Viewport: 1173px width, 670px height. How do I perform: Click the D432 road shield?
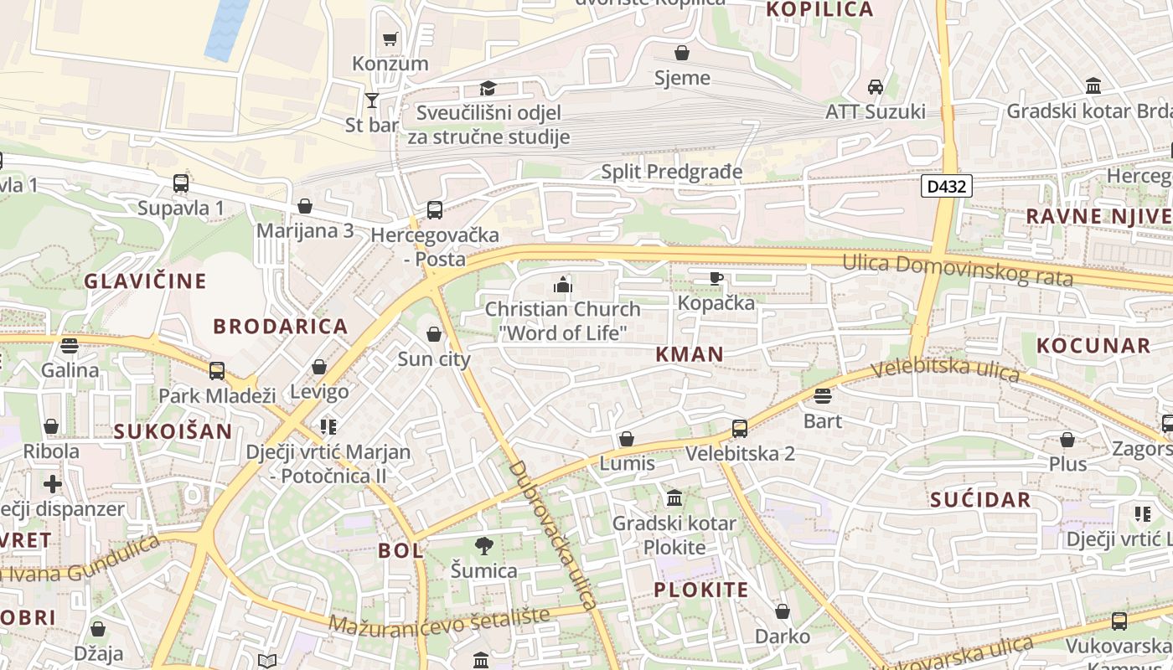click(x=947, y=186)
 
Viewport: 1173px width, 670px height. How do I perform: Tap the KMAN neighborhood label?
click(x=690, y=353)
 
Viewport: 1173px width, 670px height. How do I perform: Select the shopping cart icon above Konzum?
click(x=390, y=39)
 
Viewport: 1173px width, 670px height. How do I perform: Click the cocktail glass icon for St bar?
click(x=372, y=100)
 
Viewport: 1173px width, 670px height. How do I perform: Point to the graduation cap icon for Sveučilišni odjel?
click(x=488, y=88)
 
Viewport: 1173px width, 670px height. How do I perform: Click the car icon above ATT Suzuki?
click(x=876, y=86)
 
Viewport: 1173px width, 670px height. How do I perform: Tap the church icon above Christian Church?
click(x=562, y=285)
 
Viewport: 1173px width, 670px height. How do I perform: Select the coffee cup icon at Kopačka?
click(x=716, y=278)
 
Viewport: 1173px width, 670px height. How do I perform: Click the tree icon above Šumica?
click(x=483, y=546)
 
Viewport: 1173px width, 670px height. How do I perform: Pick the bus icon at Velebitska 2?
click(x=739, y=429)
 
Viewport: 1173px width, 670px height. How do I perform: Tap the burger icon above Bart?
click(x=822, y=395)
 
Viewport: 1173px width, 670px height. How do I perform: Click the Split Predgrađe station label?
click(x=672, y=172)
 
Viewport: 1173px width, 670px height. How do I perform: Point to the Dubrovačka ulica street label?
click(x=553, y=534)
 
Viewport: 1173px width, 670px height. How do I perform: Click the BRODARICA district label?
click(x=280, y=327)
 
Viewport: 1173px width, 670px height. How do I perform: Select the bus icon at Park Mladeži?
click(x=217, y=370)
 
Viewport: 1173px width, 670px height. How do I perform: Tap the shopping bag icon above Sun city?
click(x=433, y=334)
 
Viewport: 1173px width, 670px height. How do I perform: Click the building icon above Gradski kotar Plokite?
click(x=674, y=499)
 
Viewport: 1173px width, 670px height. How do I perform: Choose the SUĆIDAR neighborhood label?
click(x=980, y=500)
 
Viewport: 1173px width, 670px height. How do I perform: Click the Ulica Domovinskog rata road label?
click(x=957, y=270)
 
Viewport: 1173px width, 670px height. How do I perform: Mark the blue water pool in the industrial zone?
click(x=226, y=29)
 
